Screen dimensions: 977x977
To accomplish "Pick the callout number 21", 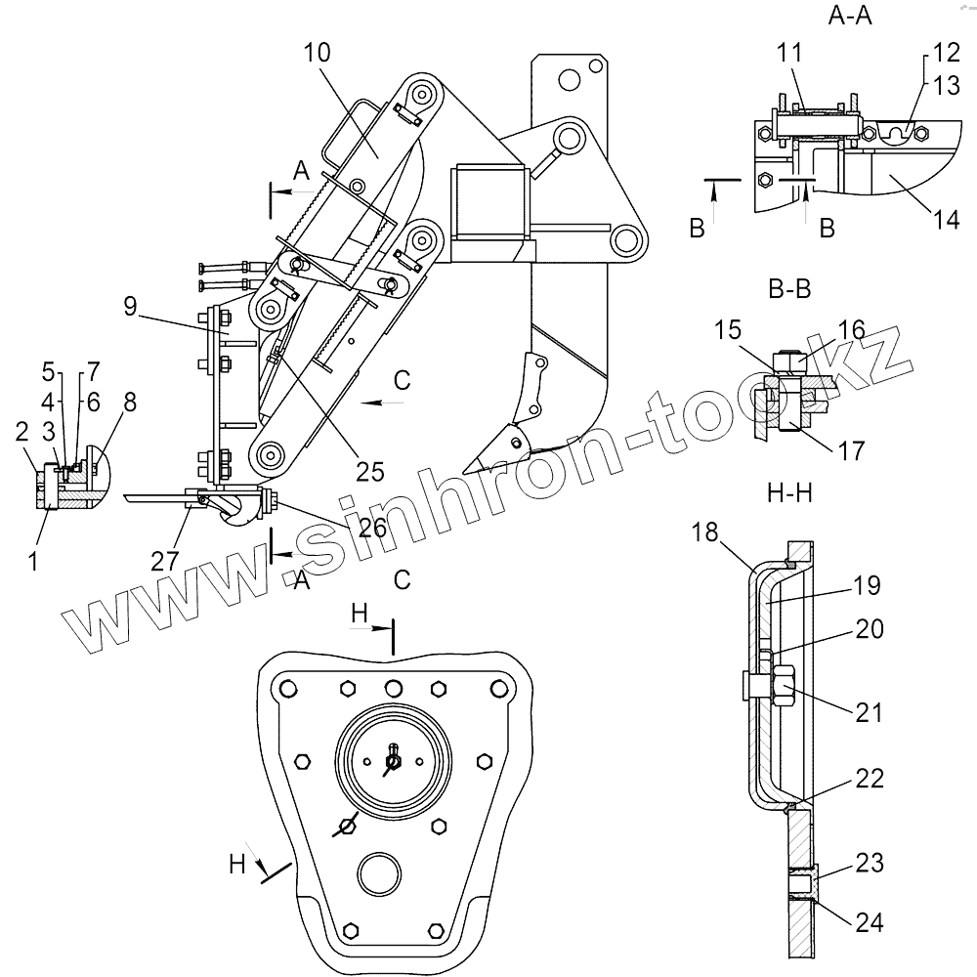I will [870, 713].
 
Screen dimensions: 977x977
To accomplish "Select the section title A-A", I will [851, 16].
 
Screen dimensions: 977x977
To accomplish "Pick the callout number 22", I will [870, 779].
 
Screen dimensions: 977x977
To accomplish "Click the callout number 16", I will [852, 329].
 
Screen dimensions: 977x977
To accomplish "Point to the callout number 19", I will [867, 586].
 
